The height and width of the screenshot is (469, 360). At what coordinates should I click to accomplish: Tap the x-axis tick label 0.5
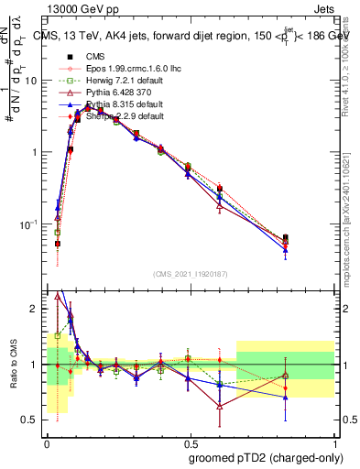pos(190,440)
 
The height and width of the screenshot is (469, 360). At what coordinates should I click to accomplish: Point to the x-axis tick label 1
pos(333,440)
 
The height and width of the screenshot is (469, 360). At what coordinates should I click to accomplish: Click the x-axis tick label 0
pos(47,440)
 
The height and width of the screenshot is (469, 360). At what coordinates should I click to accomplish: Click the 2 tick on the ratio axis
pos(36,310)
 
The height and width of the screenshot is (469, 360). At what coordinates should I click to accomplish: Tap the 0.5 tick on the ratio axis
pos(31,420)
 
